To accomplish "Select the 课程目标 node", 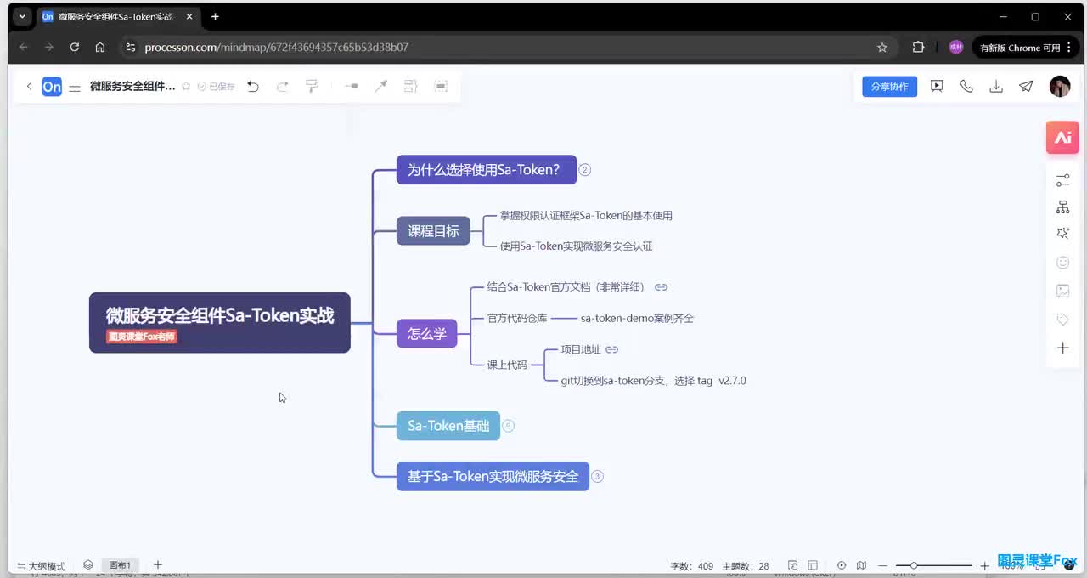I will click(433, 231).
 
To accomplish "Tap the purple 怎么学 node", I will click(426, 334).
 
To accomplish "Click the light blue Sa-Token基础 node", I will click(448, 426).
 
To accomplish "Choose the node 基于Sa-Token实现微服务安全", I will click(493, 477).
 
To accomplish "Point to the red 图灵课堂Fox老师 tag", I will click(141, 337).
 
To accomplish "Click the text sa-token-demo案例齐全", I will click(637, 319).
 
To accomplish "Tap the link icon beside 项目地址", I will click(611, 349).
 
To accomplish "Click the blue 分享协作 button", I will click(889, 87).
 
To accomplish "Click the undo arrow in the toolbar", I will click(253, 86).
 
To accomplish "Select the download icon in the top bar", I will click(996, 86).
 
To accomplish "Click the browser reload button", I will click(75, 48).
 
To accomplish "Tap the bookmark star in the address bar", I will click(882, 48).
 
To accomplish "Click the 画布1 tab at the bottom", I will click(120, 565).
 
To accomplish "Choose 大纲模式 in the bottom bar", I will click(42, 566).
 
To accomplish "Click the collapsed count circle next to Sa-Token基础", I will click(508, 426).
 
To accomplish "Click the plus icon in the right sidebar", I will click(1062, 348).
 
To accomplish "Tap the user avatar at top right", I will click(1059, 86).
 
